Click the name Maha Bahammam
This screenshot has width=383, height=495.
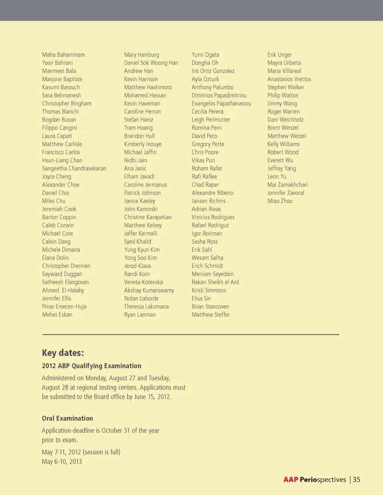[x=63, y=55]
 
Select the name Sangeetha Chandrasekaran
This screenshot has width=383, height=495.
[x=74, y=168]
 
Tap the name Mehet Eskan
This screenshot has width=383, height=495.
[x=57, y=314]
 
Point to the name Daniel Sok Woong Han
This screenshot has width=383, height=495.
[x=151, y=63]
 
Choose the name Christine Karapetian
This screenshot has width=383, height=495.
[x=148, y=217]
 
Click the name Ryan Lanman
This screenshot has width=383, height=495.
[x=140, y=314]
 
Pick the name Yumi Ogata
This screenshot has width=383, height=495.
[x=205, y=55]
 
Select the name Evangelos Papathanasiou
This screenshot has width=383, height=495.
[x=221, y=103]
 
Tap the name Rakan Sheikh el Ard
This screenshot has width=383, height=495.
[x=215, y=282]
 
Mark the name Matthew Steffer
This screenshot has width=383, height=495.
[x=211, y=314]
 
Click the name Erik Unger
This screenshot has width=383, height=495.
[x=279, y=55]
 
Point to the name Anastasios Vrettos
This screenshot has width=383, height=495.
[x=289, y=79]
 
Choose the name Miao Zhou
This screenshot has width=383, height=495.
[x=280, y=201]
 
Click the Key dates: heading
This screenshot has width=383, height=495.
[x=63, y=353]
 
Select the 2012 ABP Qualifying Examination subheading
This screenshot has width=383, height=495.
[x=91, y=366]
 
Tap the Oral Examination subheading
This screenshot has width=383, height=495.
[x=67, y=418]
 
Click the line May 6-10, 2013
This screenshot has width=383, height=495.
[x=62, y=462]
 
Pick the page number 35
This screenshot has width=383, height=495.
[x=356, y=479]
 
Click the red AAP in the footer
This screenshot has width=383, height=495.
[x=291, y=479]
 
